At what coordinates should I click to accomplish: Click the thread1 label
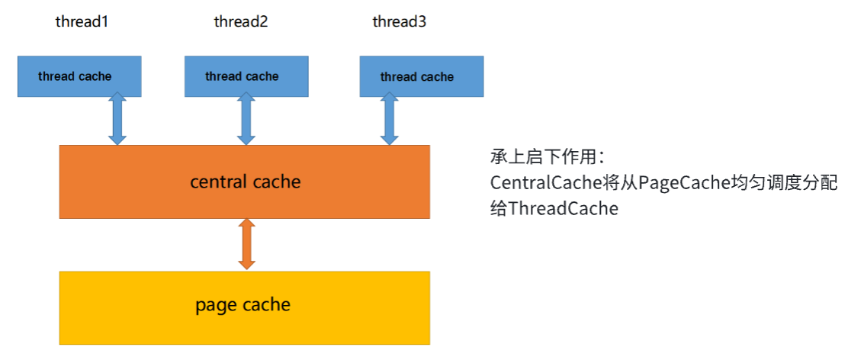82,21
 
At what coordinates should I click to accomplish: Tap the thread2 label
241,21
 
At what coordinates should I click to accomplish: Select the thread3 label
400,21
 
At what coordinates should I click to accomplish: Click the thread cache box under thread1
79,76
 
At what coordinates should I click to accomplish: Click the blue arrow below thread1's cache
117,118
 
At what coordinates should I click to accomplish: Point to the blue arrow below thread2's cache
246,118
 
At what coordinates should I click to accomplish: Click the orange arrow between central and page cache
246,243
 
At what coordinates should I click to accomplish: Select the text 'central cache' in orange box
246,182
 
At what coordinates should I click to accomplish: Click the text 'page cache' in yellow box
243,305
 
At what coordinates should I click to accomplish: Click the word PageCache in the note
675,183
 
